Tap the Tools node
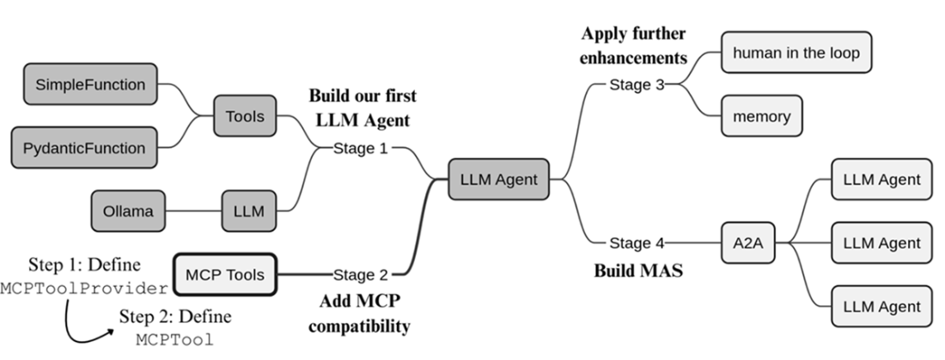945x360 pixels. click(x=244, y=116)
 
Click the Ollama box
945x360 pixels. click(x=128, y=211)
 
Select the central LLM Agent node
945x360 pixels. click(x=499, y=180)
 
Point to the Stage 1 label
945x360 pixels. click(x=361, y=148)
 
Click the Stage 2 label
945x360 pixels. click(x=361, y=275)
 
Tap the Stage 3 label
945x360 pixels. click(x=637, y=84)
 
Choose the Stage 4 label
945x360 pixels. click(x=637, y=243)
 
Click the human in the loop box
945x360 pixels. click(x=796, y=52)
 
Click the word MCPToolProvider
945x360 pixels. click(x=84, y=287)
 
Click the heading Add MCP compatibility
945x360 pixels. click(x=358, y=314)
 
